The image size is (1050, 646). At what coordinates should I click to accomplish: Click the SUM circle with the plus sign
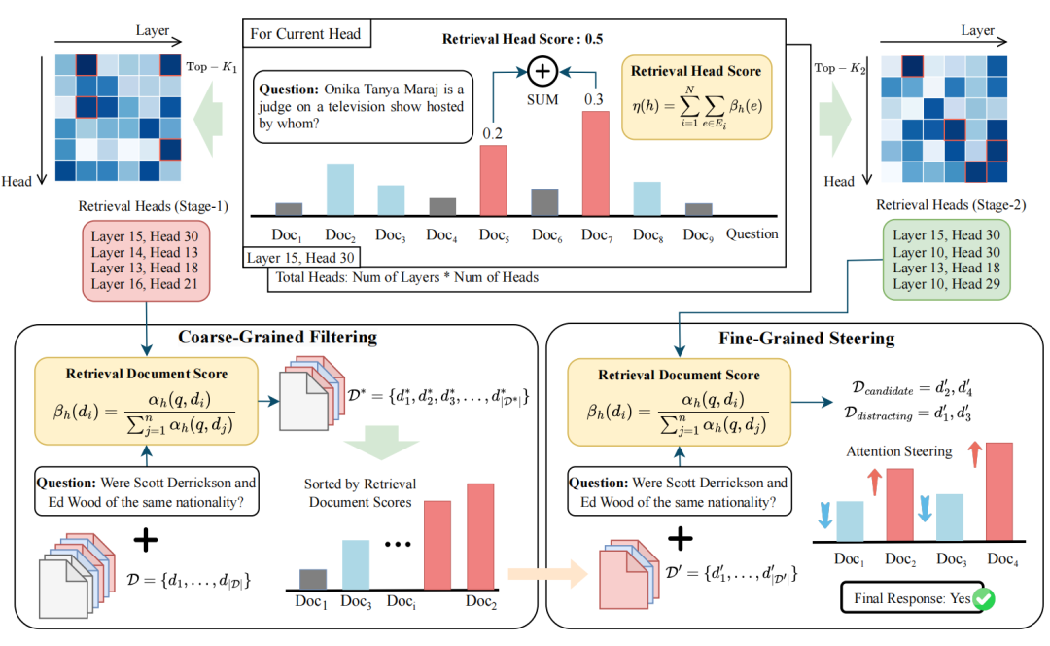pyautogui.click(x=542, y=72)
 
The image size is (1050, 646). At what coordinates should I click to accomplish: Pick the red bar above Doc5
pyautogui.click(x=493, y=180)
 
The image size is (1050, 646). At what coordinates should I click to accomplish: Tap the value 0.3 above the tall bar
pyautogui.click(x=595, y=97)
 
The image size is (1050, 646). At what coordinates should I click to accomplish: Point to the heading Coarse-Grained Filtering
pyautogui.click(x=277, y=338)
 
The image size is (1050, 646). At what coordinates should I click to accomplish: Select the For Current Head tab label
pyautogui.click(x=305, y=34)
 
